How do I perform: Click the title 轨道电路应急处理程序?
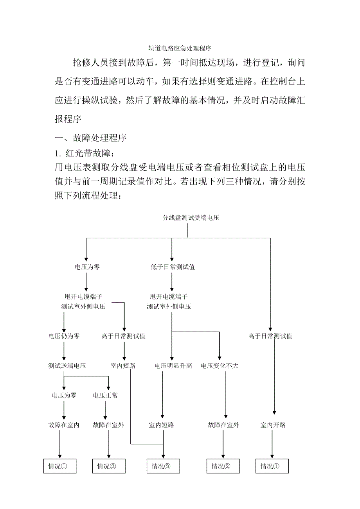click(180, 49)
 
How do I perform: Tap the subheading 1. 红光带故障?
click(87, 153)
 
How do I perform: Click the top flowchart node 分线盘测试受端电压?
click(191, 218)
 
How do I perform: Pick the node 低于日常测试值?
click(173, 267)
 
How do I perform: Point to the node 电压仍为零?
click(64, 336)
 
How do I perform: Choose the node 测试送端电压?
click(67, 366)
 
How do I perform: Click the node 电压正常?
click(105, 396)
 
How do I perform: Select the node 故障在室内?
click(64, 425)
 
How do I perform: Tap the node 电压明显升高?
click(173, 366)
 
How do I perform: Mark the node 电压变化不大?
click(220, 366)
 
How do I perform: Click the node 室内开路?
click(273, 425)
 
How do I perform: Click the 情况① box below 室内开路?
click(272, 466)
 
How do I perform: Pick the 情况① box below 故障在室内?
click(59, 466)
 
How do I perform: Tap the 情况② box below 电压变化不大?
click(223, 466)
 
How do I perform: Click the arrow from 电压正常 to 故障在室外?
click(105, 410)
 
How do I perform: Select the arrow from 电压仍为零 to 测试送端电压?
click(64, 351)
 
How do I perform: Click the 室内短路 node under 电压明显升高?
click(162, 425)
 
